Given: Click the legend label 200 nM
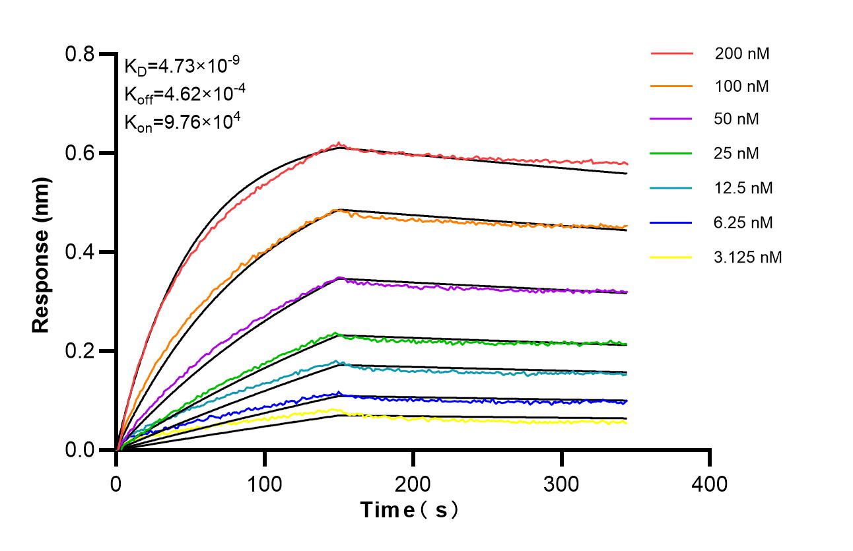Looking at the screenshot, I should coord(741,53).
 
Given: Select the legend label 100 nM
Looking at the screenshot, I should coord(741,86).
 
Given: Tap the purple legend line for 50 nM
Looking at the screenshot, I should coord(671,119).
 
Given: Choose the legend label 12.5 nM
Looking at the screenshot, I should coord(743,188).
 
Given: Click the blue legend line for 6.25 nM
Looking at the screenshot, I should coord(671,223).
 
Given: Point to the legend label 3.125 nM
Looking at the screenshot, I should coord(748,257).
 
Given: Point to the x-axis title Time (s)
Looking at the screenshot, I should coord(409,510).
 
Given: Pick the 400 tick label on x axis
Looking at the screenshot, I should coord(710,484).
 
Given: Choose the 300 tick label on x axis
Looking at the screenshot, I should coord(561,484).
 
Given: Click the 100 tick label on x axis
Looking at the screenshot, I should coord(265,484).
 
